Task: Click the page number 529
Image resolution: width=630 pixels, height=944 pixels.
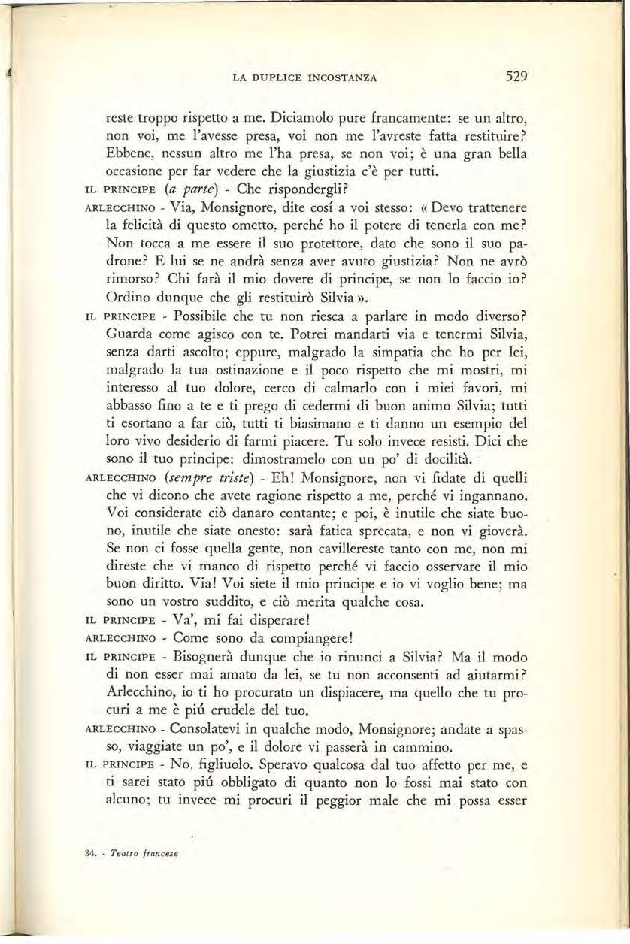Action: pos(516,76)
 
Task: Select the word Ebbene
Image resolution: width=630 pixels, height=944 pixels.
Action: pos(126,157)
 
